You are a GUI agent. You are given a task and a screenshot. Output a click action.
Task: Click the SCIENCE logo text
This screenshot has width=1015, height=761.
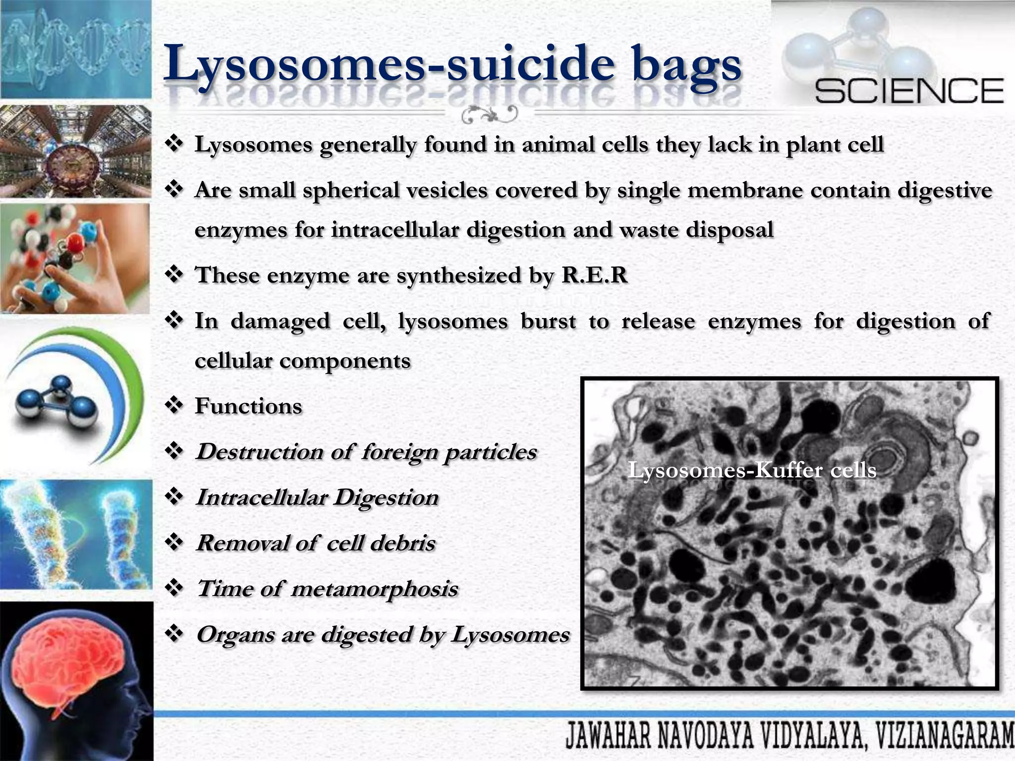[909, 91]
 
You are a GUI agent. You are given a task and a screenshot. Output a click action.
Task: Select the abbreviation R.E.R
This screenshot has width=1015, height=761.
[594, 275]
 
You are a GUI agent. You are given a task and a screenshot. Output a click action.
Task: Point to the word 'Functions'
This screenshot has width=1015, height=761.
[248, 406]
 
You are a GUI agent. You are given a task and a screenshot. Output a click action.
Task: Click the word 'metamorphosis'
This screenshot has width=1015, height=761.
[375, 589]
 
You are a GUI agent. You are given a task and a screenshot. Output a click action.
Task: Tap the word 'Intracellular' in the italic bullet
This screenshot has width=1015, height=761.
[262, 497]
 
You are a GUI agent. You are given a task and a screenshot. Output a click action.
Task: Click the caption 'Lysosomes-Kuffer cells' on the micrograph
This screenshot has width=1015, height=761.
[752, 470]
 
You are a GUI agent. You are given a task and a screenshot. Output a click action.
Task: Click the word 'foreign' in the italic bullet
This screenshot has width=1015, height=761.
[399, 452]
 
